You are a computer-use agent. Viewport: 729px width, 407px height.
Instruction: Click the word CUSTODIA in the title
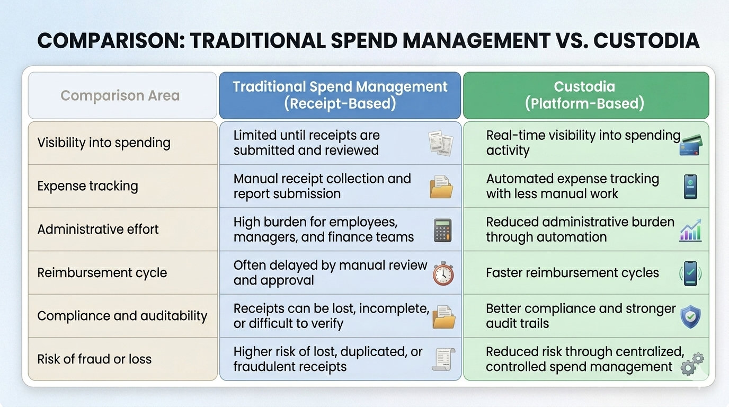click(x=646, y=41)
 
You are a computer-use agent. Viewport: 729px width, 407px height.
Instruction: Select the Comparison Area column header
click(x=122, y=95)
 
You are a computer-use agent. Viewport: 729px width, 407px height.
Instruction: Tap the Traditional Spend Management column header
click(x=340, y=95)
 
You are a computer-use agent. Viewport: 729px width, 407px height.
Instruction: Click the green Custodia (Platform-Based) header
click(x=586, y=95)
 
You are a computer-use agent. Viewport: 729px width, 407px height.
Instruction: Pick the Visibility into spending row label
click(x=104, y=143)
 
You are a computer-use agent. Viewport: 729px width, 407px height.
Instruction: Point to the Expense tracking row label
click(x=87, y=186)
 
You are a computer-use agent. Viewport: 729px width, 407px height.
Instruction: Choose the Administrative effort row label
click(x=97, y=229)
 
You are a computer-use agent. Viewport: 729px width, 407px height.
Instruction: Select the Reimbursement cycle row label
click(x=102, y=272)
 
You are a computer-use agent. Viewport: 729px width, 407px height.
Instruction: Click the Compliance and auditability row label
click(x=122, y=316)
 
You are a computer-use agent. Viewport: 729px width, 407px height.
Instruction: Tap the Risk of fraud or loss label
click(x=94, y=359)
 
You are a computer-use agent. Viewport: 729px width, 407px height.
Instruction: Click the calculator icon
click(x=442, y=230)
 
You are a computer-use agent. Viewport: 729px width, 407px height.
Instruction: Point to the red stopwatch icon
click(x=443, y=273)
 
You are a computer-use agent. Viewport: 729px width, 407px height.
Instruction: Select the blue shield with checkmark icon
click(x=690, y=317)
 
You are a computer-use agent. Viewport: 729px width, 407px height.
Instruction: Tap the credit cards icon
click(x=691, y=145)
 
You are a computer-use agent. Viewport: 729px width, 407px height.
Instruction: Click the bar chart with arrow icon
click(x=690, y=230)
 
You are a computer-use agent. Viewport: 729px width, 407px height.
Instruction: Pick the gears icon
click(x=692, y=364)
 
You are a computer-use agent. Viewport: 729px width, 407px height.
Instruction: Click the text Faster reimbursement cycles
click(x=572, y=272)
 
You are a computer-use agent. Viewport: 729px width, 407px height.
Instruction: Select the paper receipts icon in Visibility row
click(x=441, y=143)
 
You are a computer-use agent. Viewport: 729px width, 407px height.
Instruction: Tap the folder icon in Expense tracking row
click(x=441, y=187)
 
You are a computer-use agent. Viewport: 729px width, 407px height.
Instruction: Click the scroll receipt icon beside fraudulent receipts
click(x=443, y=359)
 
